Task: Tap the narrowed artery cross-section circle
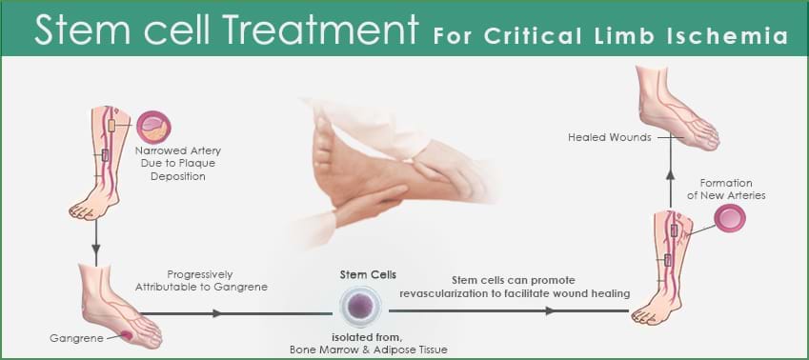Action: pyautogui.click(x=152, y=128)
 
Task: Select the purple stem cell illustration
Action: pyautogui.click(x=361, y=308)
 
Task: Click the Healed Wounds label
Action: pyautogui.click(x=610, y=137)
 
